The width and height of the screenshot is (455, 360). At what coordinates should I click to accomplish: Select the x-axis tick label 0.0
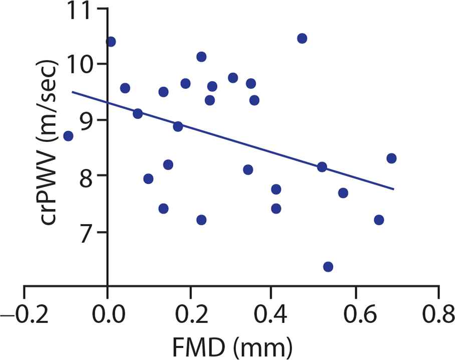(x=107, y=315)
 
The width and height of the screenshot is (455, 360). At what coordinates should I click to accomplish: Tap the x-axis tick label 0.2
(x=189, y=315)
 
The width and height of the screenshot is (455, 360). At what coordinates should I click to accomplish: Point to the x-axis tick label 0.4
(x=272, y=315)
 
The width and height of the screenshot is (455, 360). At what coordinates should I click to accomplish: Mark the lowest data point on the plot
(x=328, y=267)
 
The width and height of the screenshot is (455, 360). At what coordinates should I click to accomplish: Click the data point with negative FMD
(x=68, y=136)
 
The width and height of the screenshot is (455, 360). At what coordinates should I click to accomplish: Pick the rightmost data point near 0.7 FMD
(x=391, y=158)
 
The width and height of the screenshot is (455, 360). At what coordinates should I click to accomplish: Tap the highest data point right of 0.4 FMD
(x=302, y=39)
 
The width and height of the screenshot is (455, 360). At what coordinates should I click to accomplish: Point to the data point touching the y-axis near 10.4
(x=111, y=42)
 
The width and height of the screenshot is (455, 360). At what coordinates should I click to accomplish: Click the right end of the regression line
(x=394, y=189)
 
